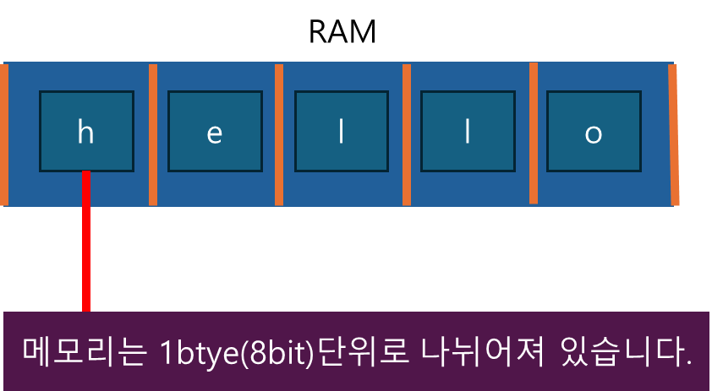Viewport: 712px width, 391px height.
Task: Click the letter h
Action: click(85, 133)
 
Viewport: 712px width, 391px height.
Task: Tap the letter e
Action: click(214, 133)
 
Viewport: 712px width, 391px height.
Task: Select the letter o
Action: click(594, 133)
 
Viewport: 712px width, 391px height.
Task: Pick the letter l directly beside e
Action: click(341, 133)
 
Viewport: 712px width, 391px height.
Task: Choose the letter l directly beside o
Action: click(467, 133)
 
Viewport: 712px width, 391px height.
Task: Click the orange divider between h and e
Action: click(153, 134)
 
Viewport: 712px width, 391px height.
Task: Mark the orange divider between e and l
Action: click(279, 134)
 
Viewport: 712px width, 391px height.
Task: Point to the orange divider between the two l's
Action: click(407, 134)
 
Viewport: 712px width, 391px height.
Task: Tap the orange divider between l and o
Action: click(534, 133)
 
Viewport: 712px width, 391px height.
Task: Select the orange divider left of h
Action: click(4, 134)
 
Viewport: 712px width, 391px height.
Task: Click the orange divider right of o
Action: click(674, 135)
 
